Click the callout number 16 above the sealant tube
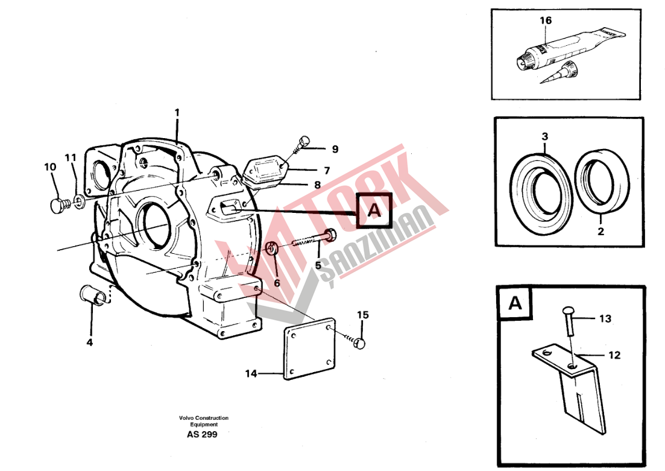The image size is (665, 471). [546, 21]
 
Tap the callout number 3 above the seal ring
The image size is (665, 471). [545, 136]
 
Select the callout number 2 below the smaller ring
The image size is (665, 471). [600, 231]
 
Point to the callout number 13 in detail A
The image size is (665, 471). [605, 318]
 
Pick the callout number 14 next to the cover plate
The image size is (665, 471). [251, 373]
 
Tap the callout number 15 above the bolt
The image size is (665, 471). [362, 315]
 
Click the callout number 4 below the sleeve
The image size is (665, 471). [89, 342]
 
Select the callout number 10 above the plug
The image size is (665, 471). [50, 167]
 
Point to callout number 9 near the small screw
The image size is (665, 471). [335, 149]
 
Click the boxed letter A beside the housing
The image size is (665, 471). [374, 210]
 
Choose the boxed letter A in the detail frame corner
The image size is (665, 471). [515, 303]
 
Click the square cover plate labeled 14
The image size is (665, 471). [310, 349]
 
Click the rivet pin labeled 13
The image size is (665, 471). [569, 321]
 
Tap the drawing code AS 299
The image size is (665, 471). [202, 434]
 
